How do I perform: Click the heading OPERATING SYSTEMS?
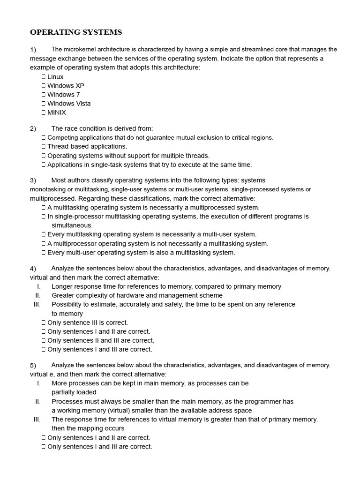click(x=76, y=32)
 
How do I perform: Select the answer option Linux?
click(x=55, y=77)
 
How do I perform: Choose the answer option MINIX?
click(x=57, y=112)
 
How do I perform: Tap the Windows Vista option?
click(x=69, y=104)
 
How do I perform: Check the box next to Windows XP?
click(x=44, y=86)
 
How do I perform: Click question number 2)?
click(x=33, y=128)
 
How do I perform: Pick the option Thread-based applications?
click(x=87, y=147)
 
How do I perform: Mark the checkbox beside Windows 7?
click(x=44, y=95)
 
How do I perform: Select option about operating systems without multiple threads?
click(x=128, y=156)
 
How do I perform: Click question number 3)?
click(x=33, y=180)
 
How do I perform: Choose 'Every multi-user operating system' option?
click(x=141, y=253)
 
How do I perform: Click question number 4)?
click(x=33, y=269)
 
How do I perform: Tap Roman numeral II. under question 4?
click(x=38, y=295)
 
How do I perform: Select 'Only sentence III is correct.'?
click(x=87, y=322)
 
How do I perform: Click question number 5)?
click(x=33, y=365)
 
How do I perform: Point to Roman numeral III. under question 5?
click(x=37, y=420)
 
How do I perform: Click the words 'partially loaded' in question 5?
click(x=74, y=392)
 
